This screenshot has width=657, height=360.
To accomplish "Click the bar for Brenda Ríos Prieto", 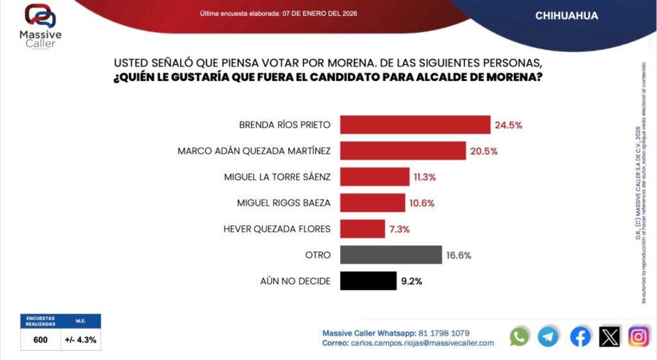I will coord(415,124).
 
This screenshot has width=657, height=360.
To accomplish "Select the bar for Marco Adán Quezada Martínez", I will coord(402,151).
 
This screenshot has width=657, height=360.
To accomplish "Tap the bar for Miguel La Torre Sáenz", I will coord(375,176).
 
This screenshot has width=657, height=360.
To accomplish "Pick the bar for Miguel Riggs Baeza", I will coord(373,203).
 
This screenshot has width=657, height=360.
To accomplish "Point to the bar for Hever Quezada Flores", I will coord(363,228).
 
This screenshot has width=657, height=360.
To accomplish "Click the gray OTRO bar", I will coord(391,255).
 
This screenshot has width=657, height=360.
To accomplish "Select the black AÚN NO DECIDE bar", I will coord(368,281).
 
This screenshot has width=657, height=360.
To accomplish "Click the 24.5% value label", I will coord(508,125).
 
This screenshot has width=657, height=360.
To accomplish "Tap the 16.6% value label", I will coord(459,255).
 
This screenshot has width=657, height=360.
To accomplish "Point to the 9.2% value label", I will coord(411,281).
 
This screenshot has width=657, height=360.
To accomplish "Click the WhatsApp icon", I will coord(519,336).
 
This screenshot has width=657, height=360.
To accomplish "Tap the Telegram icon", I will coord(548,336).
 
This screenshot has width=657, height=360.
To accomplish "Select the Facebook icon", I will coord(580,336).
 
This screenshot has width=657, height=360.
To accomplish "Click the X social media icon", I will coord(609,336).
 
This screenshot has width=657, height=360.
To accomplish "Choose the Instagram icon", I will coord(638,336).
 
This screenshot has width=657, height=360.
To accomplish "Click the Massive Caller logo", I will coord(41,26).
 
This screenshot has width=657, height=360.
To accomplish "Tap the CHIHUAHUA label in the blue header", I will coord(567,16).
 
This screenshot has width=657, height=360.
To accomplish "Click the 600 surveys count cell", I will coord(40,340).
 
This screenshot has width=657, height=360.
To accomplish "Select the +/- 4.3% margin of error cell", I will coord(80,340).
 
